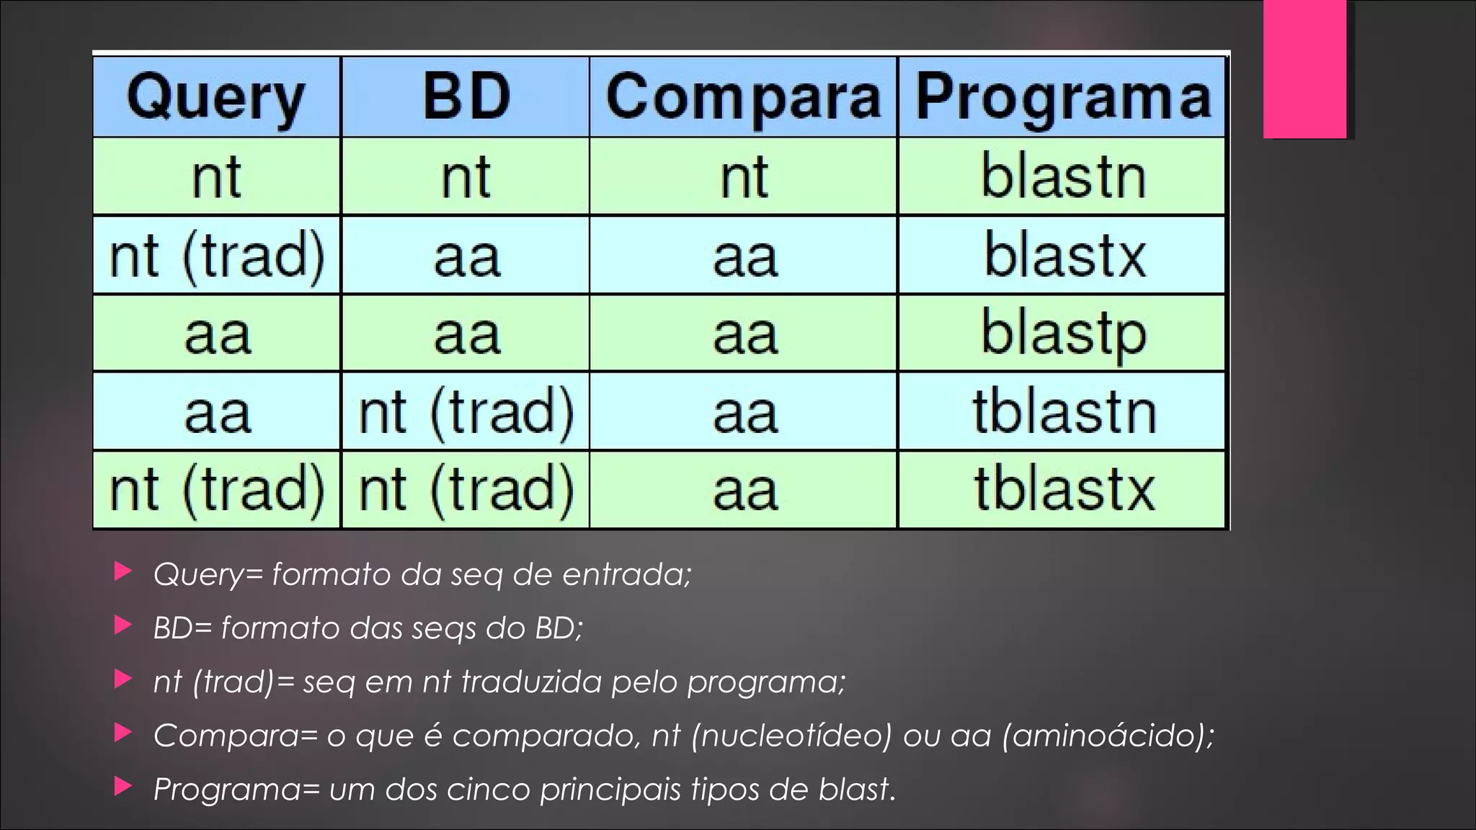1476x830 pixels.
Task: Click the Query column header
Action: pos(216,98)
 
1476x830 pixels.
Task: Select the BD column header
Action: pos(466,97)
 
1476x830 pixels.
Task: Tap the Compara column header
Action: pos(743,98)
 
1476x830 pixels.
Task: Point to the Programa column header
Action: pos(1062,98)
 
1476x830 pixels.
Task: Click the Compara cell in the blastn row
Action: pos(744,177)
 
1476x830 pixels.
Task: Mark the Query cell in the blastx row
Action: pos(216,256)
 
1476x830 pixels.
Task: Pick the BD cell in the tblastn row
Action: pos(466,412)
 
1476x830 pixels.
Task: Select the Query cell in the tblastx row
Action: pos(216,490)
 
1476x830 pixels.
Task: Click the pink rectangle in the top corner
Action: pos(1304,68)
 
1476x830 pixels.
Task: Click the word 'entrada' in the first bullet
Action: pos(626,574)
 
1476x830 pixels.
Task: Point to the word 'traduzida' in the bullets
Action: pos(530,682)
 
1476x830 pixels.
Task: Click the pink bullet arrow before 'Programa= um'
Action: pos(123,787)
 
